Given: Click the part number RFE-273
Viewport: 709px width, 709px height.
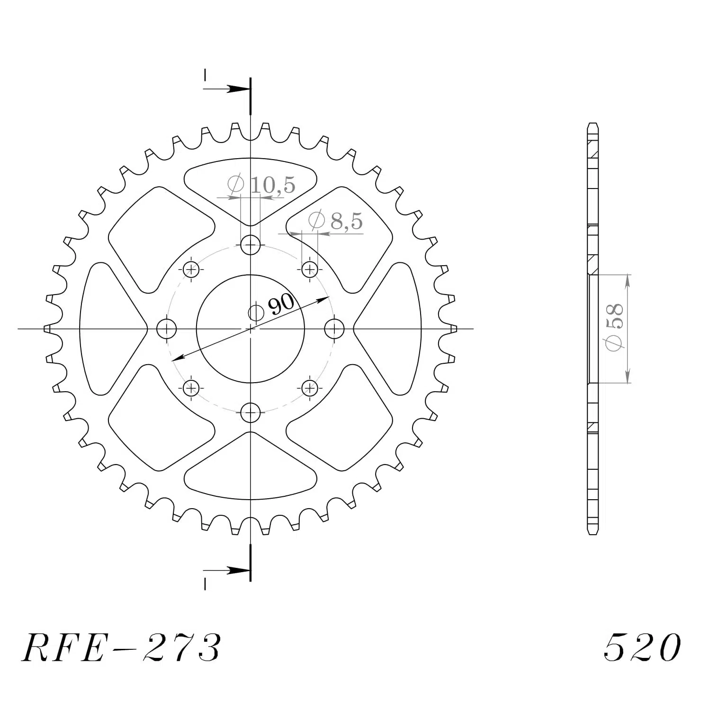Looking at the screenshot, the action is pyautogui.click(x=121, y=647).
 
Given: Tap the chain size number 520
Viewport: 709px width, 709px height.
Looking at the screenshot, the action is pyautogui.click(x=642, y=647).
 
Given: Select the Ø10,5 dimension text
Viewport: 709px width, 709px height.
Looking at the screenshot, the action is pyautogui.click(x=261, y=184).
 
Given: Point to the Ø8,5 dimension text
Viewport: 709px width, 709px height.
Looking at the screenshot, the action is pyautogui.click(x=335, y=220).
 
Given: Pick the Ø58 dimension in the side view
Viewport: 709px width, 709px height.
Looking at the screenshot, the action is pyautogui.click(x=614, y=328).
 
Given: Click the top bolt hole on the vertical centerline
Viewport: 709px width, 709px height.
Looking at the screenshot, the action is pyautogui.click(x=251, y=245).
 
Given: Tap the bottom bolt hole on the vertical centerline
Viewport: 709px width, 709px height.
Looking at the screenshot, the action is pyautogui.click(x=251, y=413).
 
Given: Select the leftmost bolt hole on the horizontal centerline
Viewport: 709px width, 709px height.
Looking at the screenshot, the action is pyautogui.click(x=166, y=329).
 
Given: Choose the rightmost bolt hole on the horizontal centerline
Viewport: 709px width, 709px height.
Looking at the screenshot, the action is pyautogui.click(x=334, y=329).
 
